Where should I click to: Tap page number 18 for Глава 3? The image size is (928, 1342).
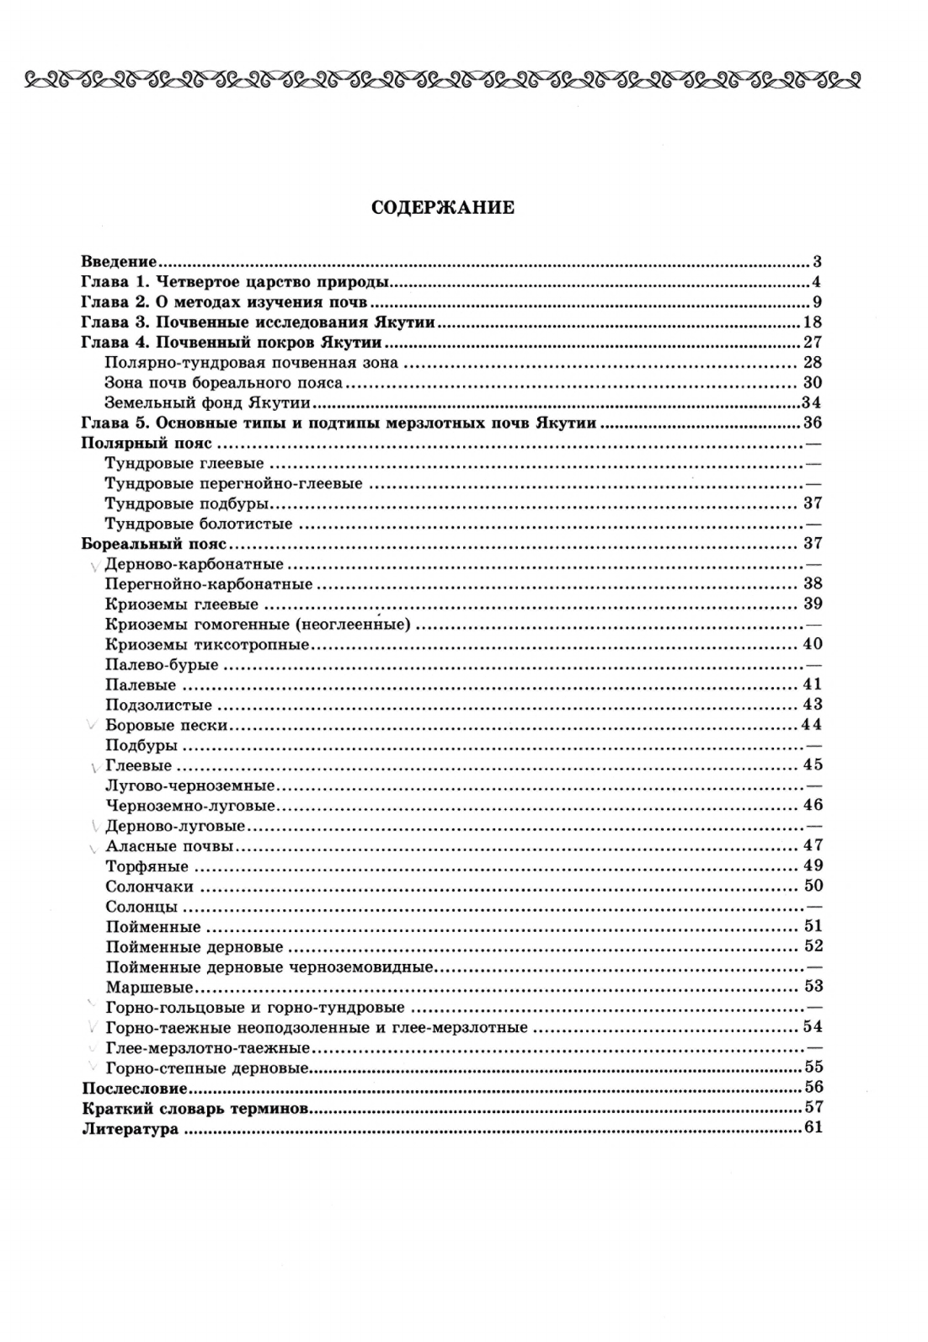[x=813, y=322]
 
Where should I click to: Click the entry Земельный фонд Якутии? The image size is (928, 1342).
[x=180, y=402]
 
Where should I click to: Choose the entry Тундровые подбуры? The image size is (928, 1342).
[x=186, y=503]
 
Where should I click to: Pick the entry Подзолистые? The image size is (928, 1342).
[x=159, y=706]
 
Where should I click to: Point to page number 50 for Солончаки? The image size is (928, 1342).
[x=813, y=886]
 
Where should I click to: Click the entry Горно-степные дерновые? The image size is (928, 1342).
[x=205, y=1068]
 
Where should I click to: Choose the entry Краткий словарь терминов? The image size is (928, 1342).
[x=195, y=1108]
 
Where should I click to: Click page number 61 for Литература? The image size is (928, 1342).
[x=813, y=1128]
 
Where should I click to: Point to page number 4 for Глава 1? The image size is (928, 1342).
[x=816, y=282]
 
